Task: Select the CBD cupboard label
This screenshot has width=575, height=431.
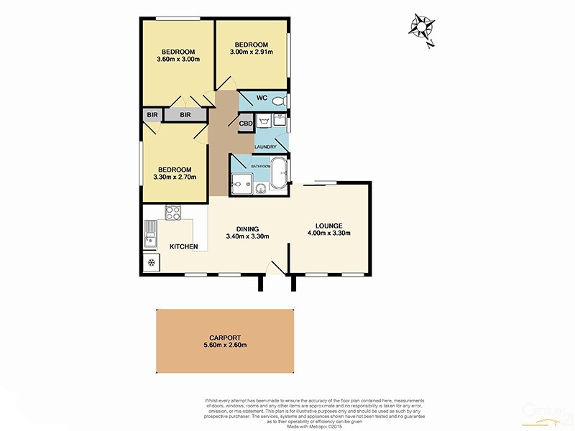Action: [x=246, y=123]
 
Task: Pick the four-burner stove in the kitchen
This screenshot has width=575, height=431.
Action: [x=174, y=213]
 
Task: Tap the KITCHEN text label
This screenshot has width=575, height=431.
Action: [x=183, y=247]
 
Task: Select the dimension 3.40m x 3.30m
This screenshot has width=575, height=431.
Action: [x=247, y=236]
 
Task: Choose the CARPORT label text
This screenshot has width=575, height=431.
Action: [x=226, y=335]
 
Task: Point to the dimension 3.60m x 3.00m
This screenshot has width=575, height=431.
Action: [x=178, y=60]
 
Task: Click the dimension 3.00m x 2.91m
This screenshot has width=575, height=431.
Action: [x=251, y=52]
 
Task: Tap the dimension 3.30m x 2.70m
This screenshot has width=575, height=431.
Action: [x=175, y=177]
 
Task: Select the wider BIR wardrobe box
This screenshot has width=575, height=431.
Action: [x=185, y=114]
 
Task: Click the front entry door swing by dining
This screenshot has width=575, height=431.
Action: [x=272, y=269]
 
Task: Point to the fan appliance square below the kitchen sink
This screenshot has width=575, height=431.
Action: [x=152, y=262]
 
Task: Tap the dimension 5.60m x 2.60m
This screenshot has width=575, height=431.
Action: [x=226, y=345]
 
